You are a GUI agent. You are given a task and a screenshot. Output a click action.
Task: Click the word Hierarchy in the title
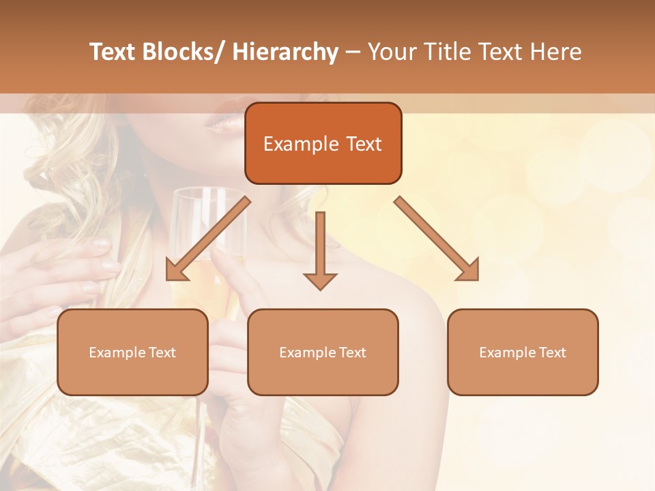(285, 52)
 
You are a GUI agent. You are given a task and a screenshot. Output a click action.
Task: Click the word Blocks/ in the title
(182, 52)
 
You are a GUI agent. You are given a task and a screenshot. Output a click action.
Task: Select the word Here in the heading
(555, 52)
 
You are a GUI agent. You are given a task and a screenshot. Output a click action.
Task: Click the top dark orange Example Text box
(323, 143)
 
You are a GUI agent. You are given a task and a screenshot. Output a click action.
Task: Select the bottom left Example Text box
(132, 352)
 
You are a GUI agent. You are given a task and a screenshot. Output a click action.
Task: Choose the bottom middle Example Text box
(323, 352)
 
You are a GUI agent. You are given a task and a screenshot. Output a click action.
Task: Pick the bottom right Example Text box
(523, 352)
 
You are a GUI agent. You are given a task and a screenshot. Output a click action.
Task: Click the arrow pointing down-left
(207, 239)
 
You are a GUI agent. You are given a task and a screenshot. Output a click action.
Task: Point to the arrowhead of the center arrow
(320, 280)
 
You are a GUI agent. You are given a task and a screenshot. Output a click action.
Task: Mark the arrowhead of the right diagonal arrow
(469, 271)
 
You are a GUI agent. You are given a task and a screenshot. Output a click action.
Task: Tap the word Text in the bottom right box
(552, 353)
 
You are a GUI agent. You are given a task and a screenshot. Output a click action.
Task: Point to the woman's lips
(222, 123)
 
